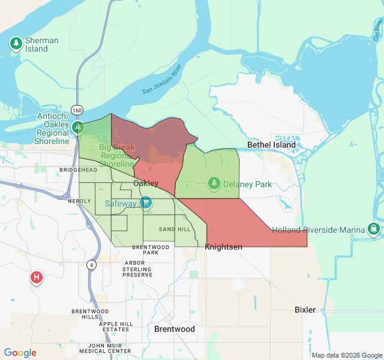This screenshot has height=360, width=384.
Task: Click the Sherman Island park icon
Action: tap(16, 43)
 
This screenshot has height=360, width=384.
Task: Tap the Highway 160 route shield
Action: tap(76, 110)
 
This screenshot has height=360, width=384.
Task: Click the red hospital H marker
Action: tap(37, 277)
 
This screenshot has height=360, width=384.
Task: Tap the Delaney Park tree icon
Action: tap(214, 183)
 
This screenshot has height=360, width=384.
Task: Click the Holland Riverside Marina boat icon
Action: tap(374, 229)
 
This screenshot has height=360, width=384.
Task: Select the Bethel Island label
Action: tap(272, 145)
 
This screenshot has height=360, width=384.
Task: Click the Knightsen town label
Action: tap(223, 247)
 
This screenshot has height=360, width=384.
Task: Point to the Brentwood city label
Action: tap(175, 329)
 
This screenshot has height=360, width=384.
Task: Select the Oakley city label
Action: tap(146, 182)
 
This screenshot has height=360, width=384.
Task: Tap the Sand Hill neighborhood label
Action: tap(175, 229)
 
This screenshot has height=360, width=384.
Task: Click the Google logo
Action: tap(20, 353)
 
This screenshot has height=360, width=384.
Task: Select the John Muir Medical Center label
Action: tap(101, 348)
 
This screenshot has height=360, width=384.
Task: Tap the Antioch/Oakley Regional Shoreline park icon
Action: tap(78, 127)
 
